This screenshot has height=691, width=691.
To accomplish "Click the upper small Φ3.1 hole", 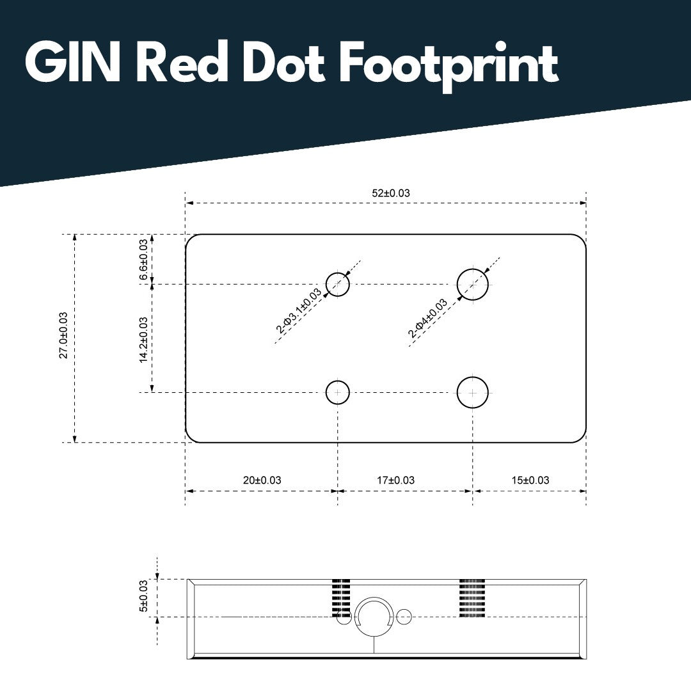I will [338, 284].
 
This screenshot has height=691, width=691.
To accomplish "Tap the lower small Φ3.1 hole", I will [338, 392].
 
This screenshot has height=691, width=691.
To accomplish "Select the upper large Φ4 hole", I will [473, 284].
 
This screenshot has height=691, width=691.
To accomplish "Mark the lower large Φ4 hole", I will [473, 392].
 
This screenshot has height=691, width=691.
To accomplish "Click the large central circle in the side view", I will [374, 616].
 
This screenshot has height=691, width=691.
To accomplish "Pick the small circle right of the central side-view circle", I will [404, 617].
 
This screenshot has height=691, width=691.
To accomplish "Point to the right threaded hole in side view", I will [472, 598].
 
